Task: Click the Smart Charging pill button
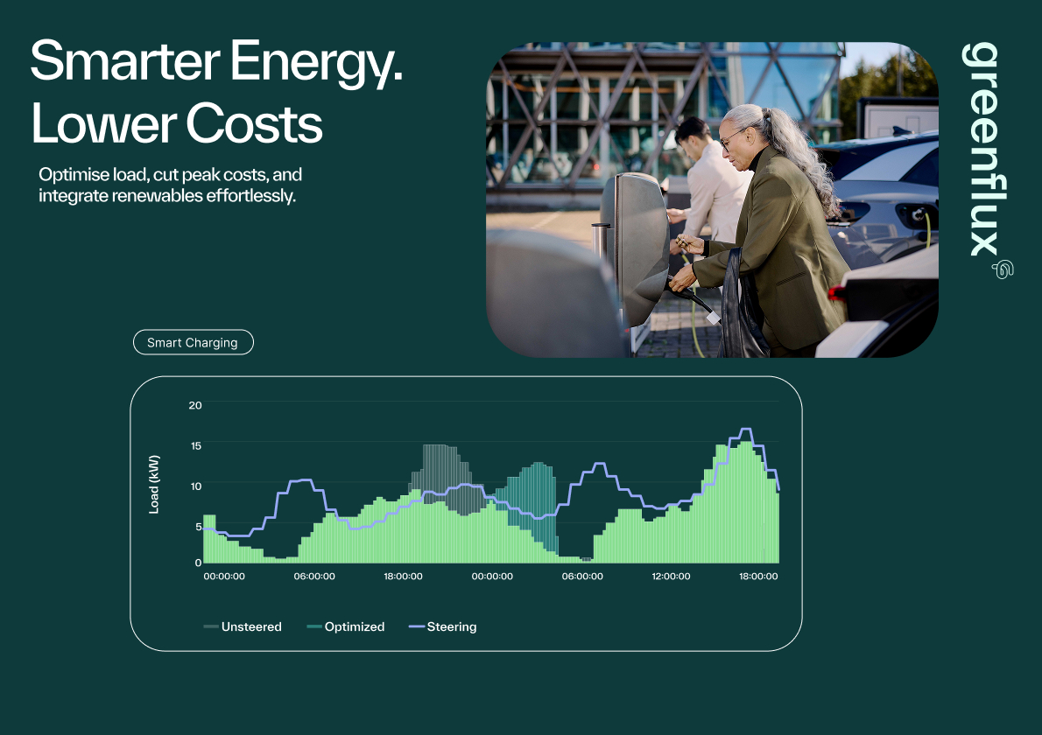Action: pos(194,342)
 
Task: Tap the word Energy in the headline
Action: pos(316,62)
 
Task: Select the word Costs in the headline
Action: pos(254,124)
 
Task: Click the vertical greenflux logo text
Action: pos(985,149)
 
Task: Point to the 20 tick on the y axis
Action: pos(195,405)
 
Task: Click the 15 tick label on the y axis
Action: pos(196,445)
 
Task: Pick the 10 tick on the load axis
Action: pos(196,486)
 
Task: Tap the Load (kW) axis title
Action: pos(154,484)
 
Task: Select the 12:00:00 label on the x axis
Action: pos(672,577)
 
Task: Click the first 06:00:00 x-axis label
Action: pos(314,577)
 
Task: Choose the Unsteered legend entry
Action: pos(243,626)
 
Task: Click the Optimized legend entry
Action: pos(346,626)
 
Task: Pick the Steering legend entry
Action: pos(442,626)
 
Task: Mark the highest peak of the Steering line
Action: pos(746,429)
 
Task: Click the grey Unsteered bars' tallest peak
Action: pos(440,445)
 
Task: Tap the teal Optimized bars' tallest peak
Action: pos(539,464)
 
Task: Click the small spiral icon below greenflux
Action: pos(1003,269)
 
